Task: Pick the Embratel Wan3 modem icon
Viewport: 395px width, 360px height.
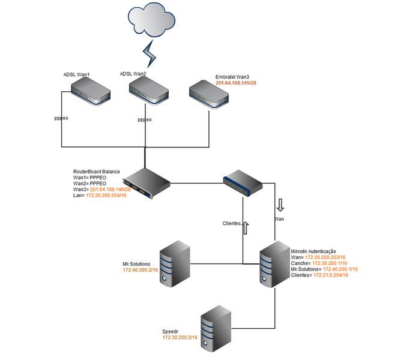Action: click(x=208, y=95)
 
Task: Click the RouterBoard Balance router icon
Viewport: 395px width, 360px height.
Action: click(x=146, y=182)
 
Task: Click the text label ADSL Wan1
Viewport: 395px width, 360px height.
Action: click(x=76, y=74)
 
